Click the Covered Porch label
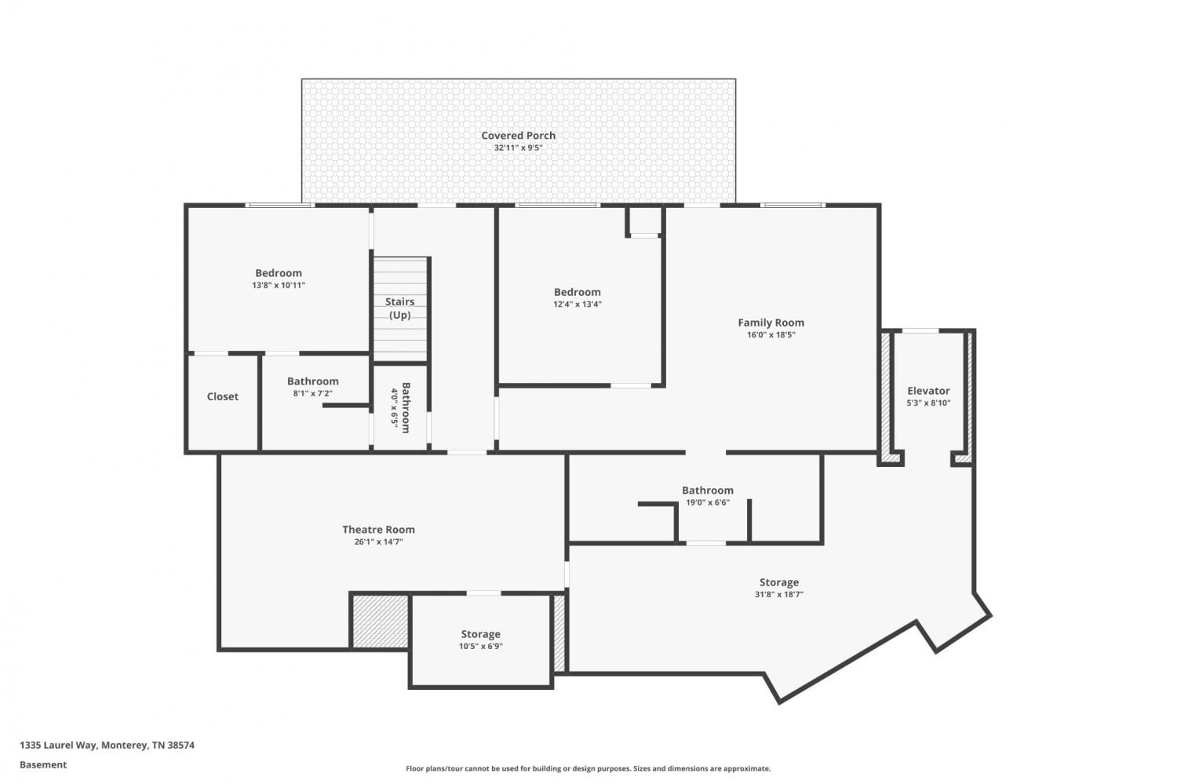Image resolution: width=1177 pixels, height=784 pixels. coord(518,136)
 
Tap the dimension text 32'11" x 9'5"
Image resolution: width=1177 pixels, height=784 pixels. coord(518,148)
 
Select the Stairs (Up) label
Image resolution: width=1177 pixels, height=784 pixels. coord(400,308)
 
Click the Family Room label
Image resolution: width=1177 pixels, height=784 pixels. coord(771,323)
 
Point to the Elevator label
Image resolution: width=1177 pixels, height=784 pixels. coord(928,391)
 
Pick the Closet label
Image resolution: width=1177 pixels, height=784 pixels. coord(222,397)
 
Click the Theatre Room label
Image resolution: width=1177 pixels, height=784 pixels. coord(378,530)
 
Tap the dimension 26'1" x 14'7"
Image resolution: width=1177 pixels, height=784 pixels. coord(378,542)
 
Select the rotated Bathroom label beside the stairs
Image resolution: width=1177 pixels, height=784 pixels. coord(406,408)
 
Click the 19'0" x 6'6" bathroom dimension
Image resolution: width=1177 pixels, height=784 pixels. coord(707,503)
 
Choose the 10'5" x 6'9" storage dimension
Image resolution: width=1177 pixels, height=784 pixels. coord(481,647)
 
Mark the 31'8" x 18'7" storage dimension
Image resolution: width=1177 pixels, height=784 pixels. coord(778,595)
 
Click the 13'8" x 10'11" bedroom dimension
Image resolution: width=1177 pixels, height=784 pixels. coord(279,286)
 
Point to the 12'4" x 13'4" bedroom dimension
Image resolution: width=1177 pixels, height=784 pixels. coord(577,304)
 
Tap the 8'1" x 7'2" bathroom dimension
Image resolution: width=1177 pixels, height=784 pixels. coord(312,394)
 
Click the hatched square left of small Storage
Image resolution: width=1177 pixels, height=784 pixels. coord(380,621)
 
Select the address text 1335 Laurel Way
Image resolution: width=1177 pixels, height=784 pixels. coord(58,745)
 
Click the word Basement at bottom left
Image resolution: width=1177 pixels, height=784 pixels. coord(43,765)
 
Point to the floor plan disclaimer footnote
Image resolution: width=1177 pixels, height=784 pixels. coord(588,769)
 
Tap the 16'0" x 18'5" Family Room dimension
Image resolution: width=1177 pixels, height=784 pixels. coord(771,335)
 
